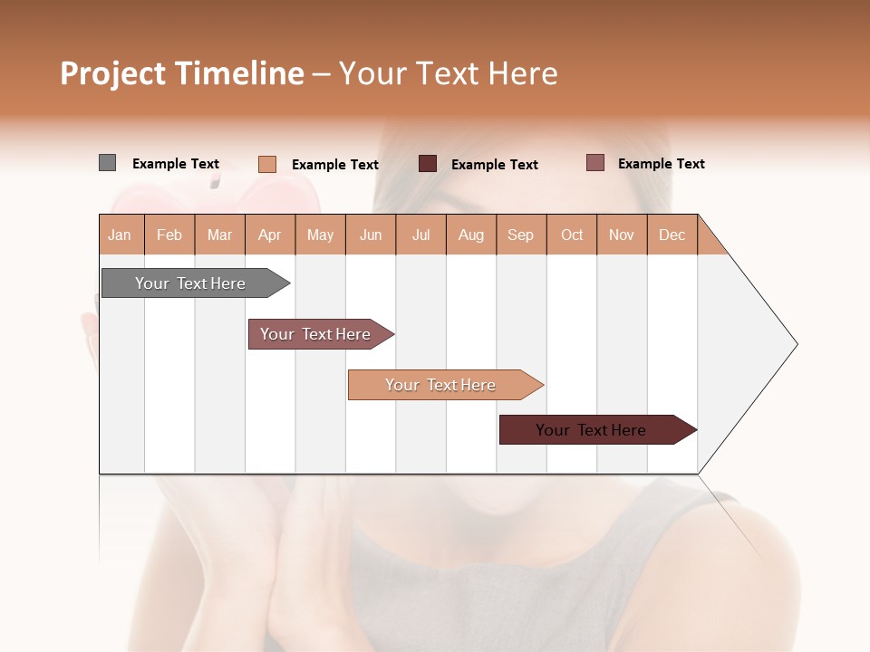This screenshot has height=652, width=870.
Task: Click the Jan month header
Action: tap(120, 235)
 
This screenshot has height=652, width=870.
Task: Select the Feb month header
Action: tap(169, 235)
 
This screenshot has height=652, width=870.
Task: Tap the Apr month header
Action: tap(270, 235)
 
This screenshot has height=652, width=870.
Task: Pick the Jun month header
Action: tap(371, 235)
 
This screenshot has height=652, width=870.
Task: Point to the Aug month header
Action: tap(471, 235)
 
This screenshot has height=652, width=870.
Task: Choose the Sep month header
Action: tap(521, 235)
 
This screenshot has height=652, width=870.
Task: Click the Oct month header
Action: tap(572, 235)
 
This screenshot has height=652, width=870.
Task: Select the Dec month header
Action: tap(672, 235)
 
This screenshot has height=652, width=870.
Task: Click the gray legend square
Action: tap(107, 163)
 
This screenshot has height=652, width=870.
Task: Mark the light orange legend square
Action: tap(267, 164)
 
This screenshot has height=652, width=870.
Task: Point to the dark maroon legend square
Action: tap(428, 164)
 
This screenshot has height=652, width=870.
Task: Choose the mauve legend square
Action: tap(595, 163)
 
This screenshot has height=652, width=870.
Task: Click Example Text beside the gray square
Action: tap(176, 164)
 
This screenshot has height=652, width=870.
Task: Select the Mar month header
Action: tap(219, 235)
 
